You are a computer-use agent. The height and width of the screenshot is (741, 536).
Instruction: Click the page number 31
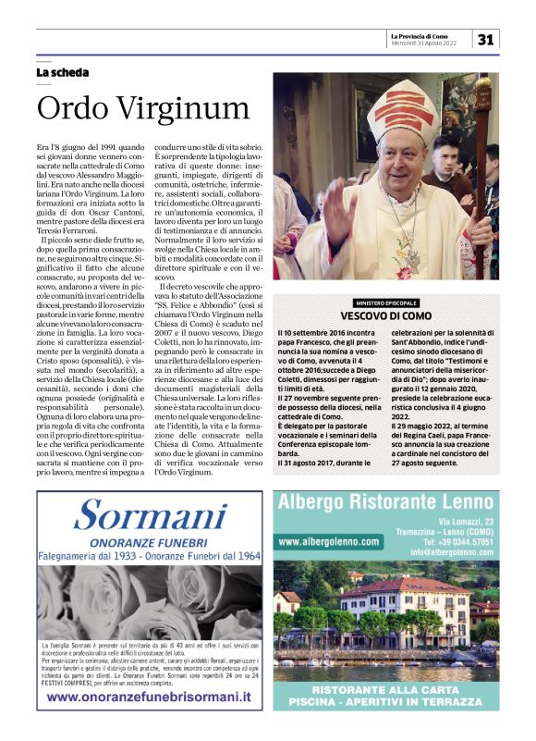486,40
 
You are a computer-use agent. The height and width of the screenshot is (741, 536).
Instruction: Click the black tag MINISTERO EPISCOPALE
385,303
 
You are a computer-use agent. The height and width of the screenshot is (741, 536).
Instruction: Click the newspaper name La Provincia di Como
426,35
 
